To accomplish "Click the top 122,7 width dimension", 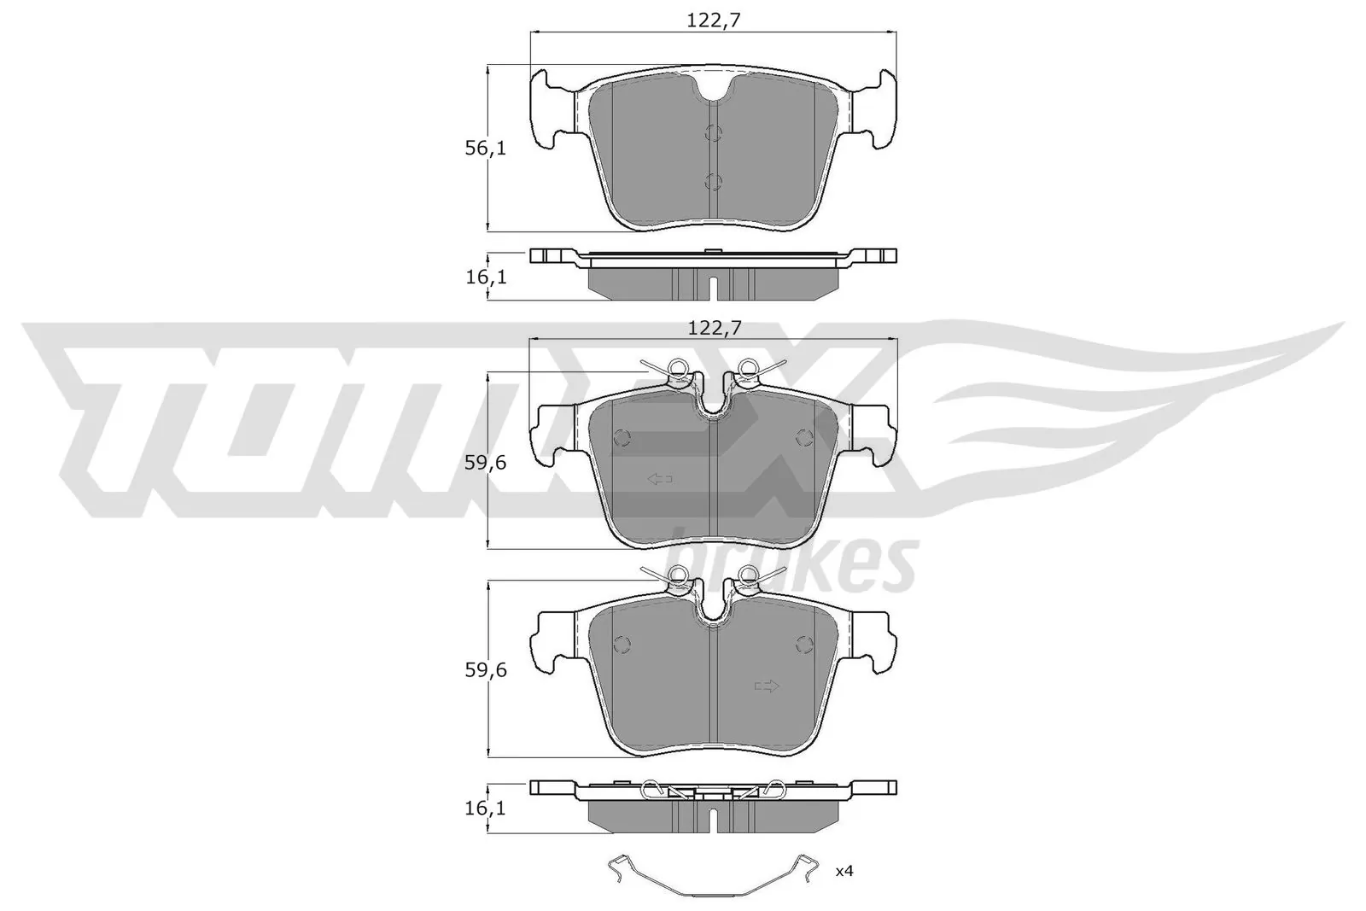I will (x=713, y=21).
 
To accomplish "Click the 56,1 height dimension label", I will (x=486, y=149).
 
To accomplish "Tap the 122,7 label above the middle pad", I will (x=713, y=326).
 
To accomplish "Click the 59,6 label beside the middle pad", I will (x=486, y=463).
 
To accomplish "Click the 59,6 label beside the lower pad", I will (x=486, y=670).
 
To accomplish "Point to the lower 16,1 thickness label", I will (x=486, y=807).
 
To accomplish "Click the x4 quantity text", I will (x=844, y=872).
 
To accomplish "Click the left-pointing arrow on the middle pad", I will (x=660, y=480).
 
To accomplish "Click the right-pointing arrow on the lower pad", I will (x=767, y=686).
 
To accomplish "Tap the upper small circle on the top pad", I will (x=714, y=132).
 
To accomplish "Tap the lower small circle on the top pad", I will (x=714, y=181).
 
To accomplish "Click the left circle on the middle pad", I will (x=622, y=438).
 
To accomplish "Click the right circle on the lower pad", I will (x=803, y=645).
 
